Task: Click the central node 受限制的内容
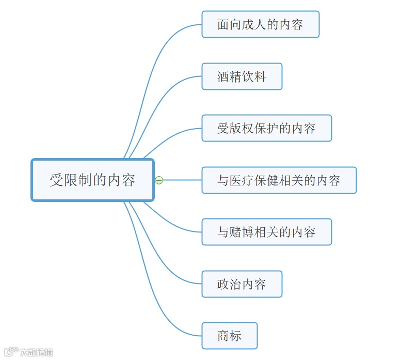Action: [92, 180]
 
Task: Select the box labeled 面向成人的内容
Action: [260, 24]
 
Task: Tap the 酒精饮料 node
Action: [242, 76]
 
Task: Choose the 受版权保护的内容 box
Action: [266, 128]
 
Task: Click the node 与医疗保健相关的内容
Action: [279, 180]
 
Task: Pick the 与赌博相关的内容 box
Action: [266, 232]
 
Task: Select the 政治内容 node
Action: [242, 284]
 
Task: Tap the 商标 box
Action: [229, 336]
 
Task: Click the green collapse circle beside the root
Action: [159, 180]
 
